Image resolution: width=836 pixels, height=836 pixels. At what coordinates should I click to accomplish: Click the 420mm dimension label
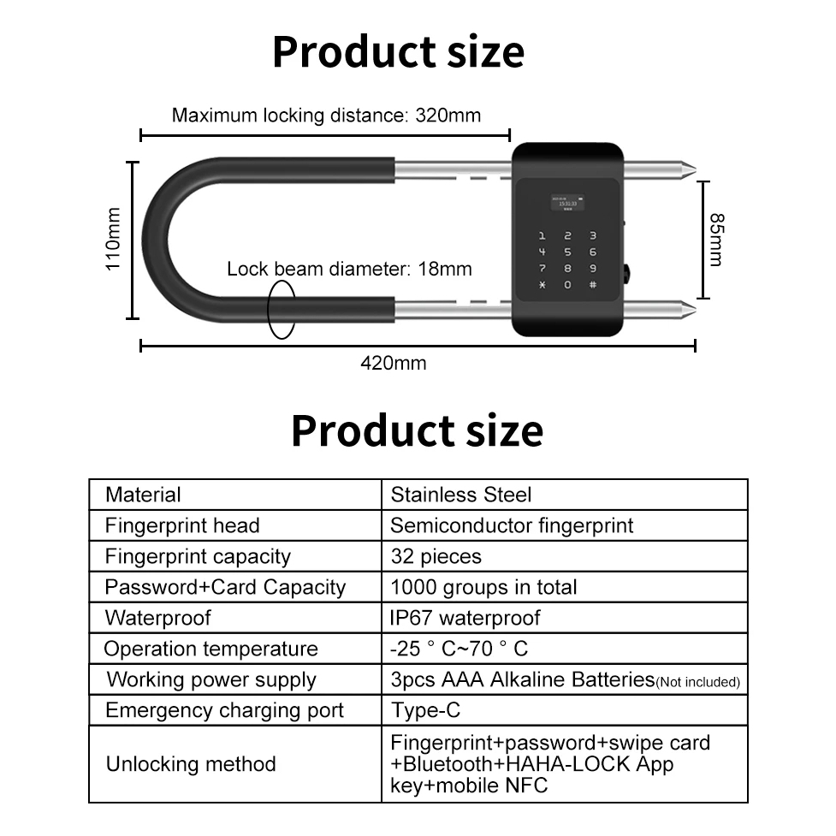pyautogui.click(x=393, y=363)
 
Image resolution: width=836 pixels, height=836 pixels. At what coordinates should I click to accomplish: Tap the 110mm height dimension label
pyautogui.click(x=113, y=240)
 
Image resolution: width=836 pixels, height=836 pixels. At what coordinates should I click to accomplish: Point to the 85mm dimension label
pyautogui.click(x=717, y=240)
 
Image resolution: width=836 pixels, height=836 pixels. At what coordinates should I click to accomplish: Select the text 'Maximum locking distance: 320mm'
pyautogui.click(x=326, y=115)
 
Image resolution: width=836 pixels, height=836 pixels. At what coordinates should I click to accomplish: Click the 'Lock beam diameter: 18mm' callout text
pyautogui.click(x=349, y=269)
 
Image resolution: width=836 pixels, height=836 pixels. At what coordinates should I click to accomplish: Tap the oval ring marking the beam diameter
pyautogui.click(x=282, y=308)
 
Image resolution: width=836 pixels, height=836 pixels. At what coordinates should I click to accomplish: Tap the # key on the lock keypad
pyautogui.click(x=592, y=283)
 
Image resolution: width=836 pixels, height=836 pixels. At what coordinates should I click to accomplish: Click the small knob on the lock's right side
pyautogui.click(x=628, y=276)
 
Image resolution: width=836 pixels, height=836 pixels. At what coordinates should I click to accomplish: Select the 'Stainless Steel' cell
pyautogui.click(x=460, y=495)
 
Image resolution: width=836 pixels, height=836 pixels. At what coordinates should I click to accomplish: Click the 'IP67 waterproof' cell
pyautogui.click(x=465, y=618)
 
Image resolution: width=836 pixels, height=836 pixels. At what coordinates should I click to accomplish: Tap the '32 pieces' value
pyautogui.click(x=436, y=556)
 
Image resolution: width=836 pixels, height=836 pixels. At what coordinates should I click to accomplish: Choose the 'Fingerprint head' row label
pyautogui.click(x=181, y=525)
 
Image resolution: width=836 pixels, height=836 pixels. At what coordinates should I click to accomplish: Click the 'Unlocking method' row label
pyautogui.click(x=191, y=764)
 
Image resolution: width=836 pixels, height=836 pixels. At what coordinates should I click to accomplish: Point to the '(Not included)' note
pyautogui.click(x=697, y=682)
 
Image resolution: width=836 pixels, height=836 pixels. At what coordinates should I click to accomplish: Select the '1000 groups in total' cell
pyautogui.click(x=483, y=587)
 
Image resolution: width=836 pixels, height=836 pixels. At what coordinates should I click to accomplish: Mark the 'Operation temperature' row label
pyautogui.click(x=210, y=649)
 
